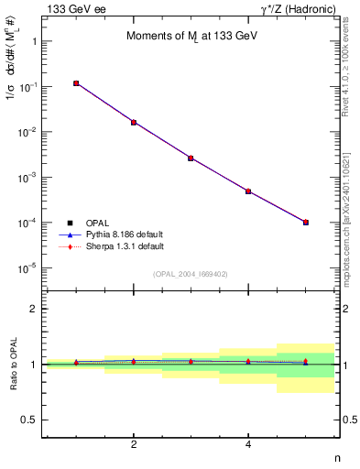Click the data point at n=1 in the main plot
(76, 83)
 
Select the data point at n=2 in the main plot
(134, 122)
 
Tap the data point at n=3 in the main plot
(191, 158)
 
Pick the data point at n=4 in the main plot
(248, 191)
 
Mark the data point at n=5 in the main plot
(306, 222)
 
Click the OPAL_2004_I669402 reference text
(191, 274)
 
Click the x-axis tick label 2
(134, 444)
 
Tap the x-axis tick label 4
(248, 444)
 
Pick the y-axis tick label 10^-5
(27, 268)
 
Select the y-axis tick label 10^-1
(27, 87)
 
